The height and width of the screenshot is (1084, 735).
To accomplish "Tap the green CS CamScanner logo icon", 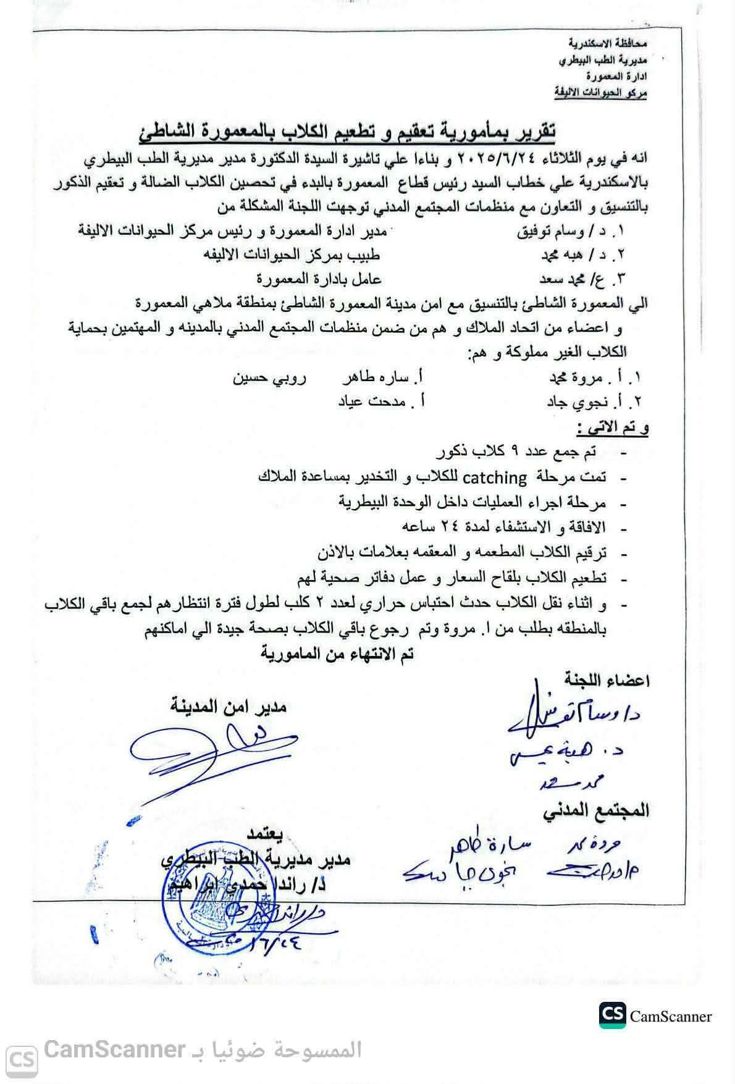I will pos(613,1015).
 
